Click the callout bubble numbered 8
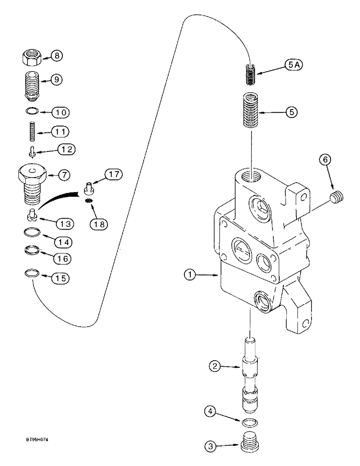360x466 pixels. coord(56,56)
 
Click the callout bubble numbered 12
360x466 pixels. coord(66,149)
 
